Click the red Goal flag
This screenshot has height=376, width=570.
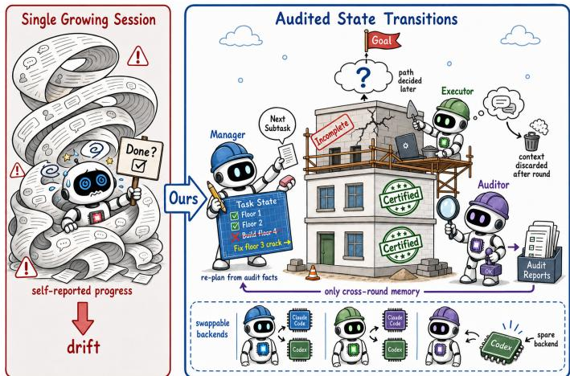pos(383,41)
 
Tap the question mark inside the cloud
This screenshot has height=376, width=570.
pos(363,77)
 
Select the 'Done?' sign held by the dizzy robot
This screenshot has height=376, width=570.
pos(140,158)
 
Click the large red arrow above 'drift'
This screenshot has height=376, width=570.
pos(84,318)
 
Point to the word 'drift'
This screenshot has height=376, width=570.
pos(84,346)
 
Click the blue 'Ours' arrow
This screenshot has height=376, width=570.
pos(186,198)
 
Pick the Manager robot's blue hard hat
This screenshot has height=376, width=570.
pos(232,156)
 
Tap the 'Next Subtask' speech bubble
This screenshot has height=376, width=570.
pos(277,124)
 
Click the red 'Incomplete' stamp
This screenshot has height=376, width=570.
pos(333,133)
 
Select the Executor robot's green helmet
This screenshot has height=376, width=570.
pos(453,108)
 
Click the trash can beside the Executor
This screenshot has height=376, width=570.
pos(531,141)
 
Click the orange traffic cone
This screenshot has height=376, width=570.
pos(313,272)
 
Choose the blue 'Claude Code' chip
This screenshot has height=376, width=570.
pos(299,319)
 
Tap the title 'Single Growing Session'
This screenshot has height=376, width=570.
pos(88,19)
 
